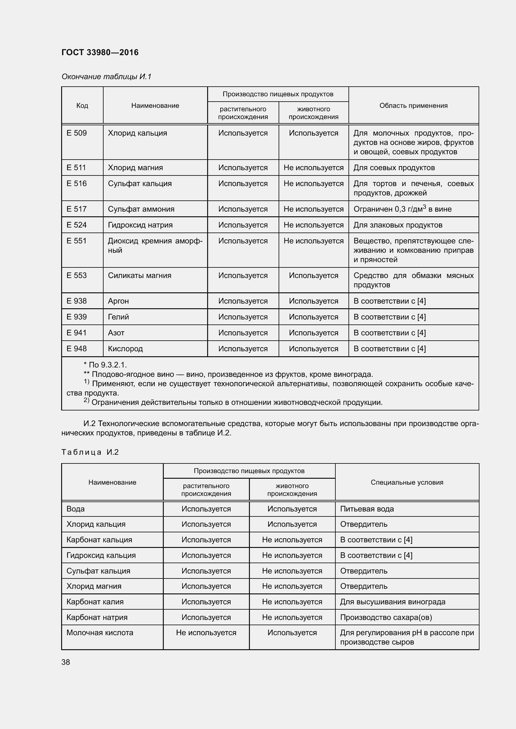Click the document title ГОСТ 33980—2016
(x=100, y=52)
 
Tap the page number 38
(x=66, y=662)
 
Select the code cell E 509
(x=76, y=133)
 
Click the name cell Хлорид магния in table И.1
(x=135, y=168)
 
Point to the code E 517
(x=76, y=209)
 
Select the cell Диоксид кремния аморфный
(x=155, y=245)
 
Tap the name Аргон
(x=118, y=301)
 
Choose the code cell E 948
(x=76, y=349)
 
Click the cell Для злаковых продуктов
(x=398, y=225)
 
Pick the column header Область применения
(x=413, y=105)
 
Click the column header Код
(x=82, y=105)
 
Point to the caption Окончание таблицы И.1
(x=106, y=77)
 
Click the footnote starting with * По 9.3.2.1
(x=105, y=365)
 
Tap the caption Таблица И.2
(x=90, y=452)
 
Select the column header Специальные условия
(x=407, y=482)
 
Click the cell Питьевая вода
(x=367, y=509)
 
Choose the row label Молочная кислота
(x=100, y=632)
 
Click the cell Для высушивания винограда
(x=392, y=602)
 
